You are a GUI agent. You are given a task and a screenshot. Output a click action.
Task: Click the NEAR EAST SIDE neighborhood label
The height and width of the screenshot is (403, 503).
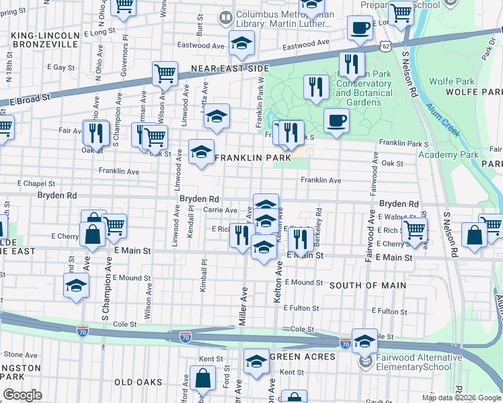(x=230, y=69)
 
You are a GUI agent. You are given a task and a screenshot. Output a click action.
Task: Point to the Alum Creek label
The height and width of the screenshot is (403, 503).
(x=447, y=123)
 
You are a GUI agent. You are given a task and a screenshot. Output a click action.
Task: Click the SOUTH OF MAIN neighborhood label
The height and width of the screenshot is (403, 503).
(x=367, y=285)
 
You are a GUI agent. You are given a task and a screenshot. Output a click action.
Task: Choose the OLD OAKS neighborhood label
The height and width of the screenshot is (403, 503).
(x=139, y=382)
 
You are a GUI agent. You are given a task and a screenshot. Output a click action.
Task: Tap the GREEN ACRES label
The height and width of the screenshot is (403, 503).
(x=303, y=357)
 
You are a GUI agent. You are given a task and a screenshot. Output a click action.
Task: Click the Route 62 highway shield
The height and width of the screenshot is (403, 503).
(x=383, y=44)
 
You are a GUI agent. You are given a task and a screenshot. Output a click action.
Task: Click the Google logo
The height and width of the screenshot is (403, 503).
(x=22, y=395)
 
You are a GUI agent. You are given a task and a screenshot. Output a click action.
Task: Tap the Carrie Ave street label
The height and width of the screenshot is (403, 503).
(x=220, y=210)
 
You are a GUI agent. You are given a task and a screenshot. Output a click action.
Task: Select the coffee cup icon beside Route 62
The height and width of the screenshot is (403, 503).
(x=360, y=28)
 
